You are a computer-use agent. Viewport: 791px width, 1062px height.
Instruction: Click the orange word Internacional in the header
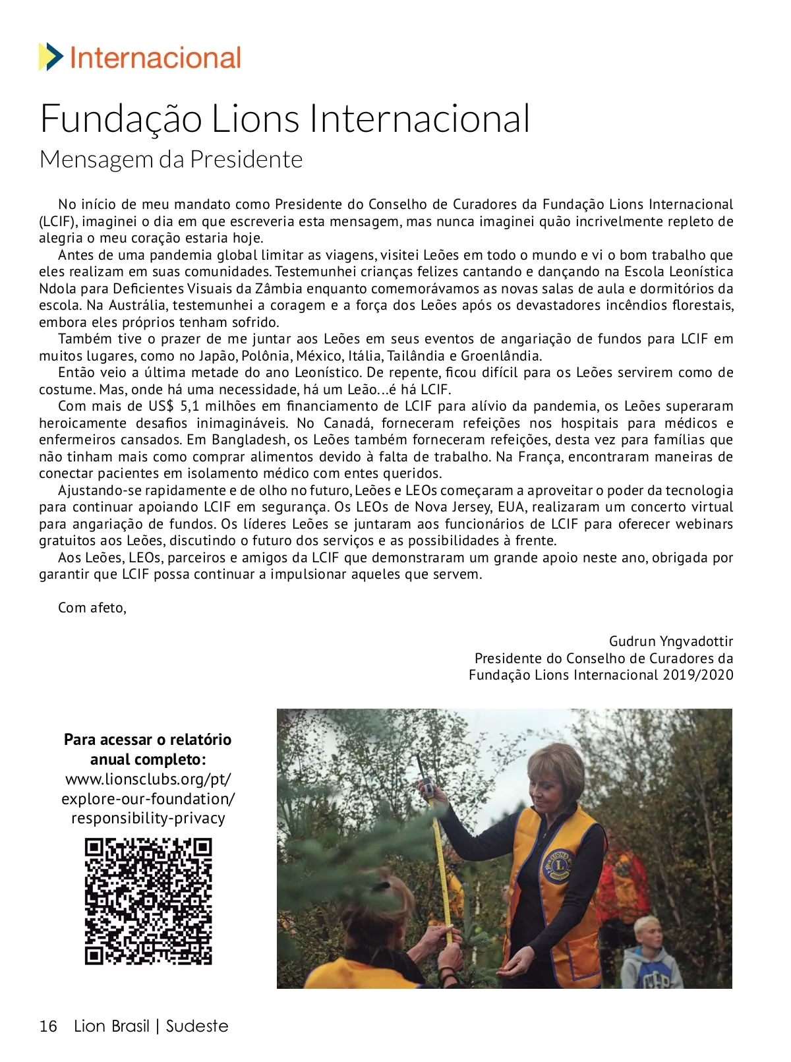click(x=155, y=58)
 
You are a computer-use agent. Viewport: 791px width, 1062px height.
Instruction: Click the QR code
click(x=148, y=901)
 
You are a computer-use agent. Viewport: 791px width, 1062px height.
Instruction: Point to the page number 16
click(x=48, y=1026)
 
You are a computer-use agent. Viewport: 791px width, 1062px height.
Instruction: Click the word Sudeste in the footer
click(x=197, y=1026)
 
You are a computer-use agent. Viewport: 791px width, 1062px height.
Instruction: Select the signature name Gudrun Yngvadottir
click(x=670, y=641)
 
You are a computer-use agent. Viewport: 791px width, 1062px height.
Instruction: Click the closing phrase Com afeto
click(x=92, y=608)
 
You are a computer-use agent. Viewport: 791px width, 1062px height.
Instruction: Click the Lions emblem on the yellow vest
click(x=557, y=865)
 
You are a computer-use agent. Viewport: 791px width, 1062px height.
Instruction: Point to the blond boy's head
click(x=647, y=931)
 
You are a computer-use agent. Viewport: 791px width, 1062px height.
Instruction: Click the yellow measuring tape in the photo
click(x=442, y=877)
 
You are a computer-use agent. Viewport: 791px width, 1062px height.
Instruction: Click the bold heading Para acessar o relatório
click(x=148, y=740)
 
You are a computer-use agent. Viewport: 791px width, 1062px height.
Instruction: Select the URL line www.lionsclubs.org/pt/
click(x=148, y=779)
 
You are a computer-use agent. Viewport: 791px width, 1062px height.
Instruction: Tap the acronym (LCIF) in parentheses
click(x=59, y=221)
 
